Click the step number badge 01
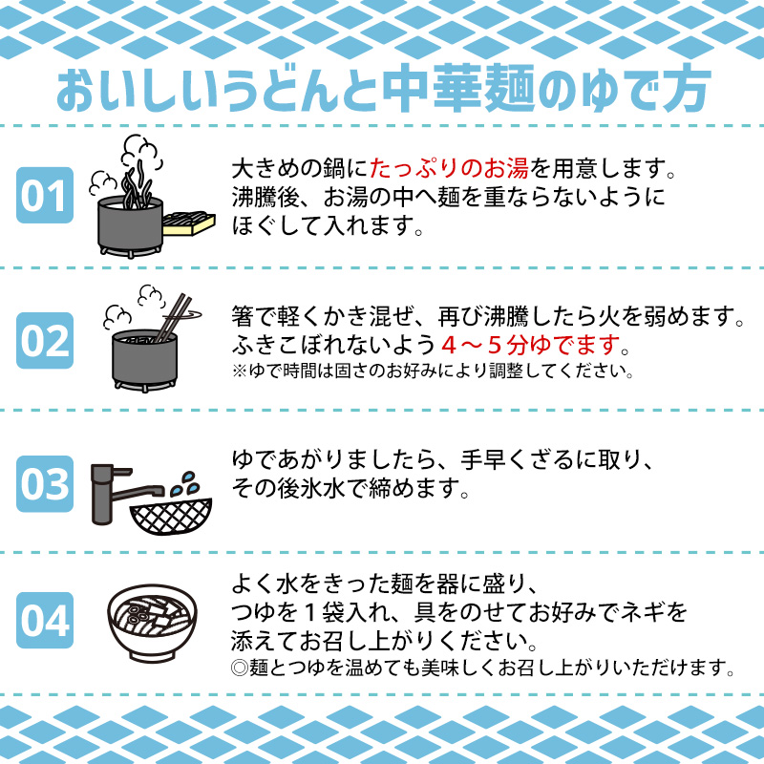coord(44,196)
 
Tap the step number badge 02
coord(44,341)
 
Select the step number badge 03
coord(44,484)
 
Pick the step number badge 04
coord(44,621)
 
